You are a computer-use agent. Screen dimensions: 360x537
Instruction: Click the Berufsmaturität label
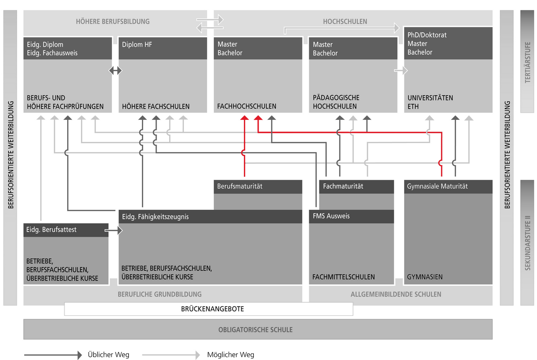(x=240, y=186)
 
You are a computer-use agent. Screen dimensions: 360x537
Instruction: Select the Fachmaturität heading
(x=343, y=186)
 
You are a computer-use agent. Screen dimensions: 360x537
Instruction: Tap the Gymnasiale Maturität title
(x=437, y=186)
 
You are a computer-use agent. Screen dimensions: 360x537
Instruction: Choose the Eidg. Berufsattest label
(x=51, y=230)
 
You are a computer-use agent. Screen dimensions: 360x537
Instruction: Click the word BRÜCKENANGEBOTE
(x=213, y=309)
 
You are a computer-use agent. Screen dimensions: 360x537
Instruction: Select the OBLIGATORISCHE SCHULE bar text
(x=256, y=330)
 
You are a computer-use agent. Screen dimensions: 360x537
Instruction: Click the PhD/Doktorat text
(x=427, y=35)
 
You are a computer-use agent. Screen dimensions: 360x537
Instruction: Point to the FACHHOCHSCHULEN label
(x=247, y=106)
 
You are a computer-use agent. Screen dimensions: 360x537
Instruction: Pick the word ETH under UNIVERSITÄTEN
(x=413, y=106)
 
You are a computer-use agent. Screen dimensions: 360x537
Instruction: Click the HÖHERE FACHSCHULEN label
(x=156, y=106)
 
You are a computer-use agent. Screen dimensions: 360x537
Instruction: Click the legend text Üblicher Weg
(x=108, y=355)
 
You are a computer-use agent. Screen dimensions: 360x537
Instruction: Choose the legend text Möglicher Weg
(x=230, y=355)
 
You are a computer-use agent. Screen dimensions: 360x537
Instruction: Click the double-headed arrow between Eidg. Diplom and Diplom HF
(x=115, y=71)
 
